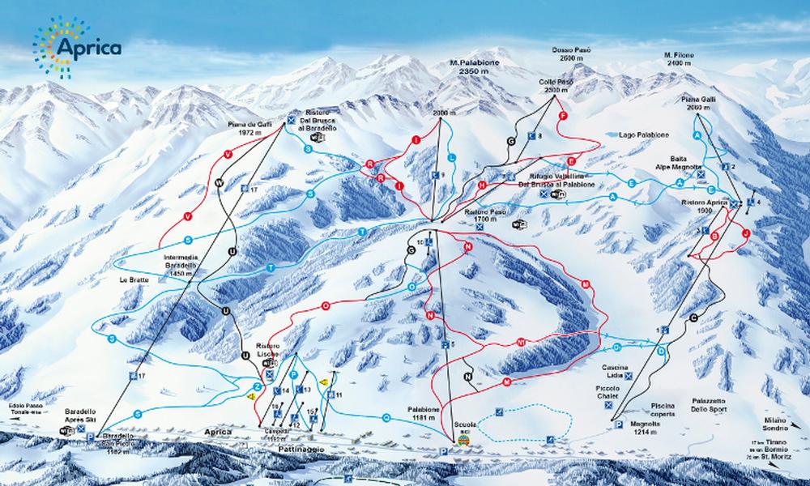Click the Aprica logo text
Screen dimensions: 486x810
(89, 47)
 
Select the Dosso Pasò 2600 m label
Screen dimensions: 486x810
(573, 54)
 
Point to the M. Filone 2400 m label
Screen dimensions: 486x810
(678, 58)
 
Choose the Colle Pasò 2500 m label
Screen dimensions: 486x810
(553, 86)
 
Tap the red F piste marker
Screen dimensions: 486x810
(563, 117)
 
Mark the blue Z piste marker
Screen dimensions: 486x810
(257, 386)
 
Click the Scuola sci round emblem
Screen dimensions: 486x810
(463, 443)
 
